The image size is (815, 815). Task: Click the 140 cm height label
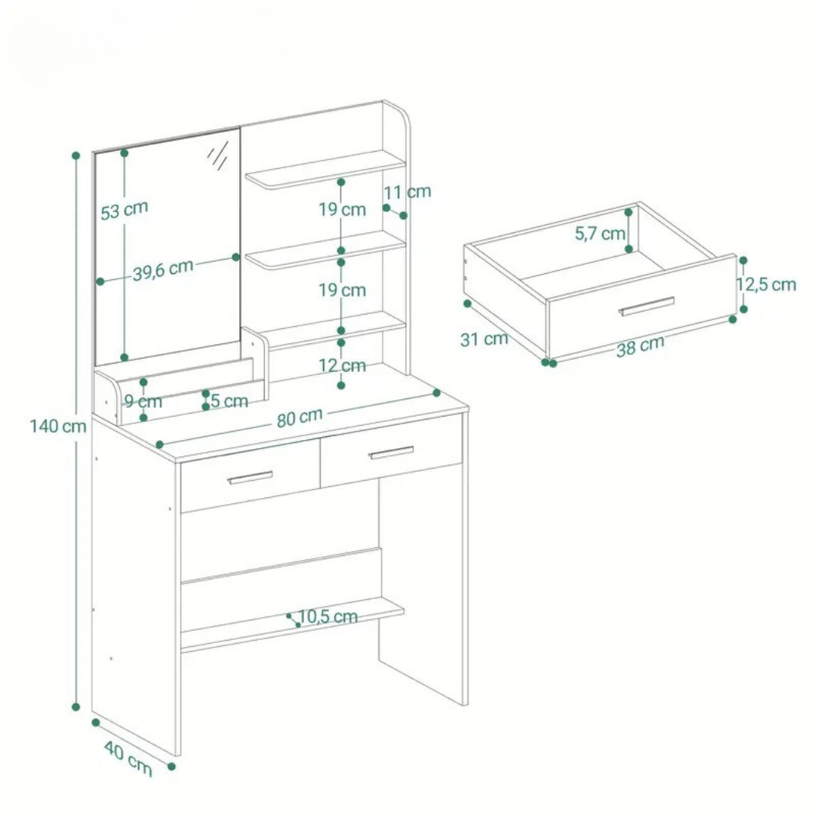(58, 426)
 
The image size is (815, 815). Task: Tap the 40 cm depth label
(128, 759)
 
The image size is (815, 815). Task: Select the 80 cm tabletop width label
(300, 417)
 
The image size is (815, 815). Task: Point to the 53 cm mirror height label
(125, 210)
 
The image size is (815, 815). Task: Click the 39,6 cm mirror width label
(163, 270)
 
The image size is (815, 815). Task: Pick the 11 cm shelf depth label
(407, 192)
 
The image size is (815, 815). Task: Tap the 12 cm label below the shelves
(342, 365)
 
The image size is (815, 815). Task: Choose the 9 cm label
(143, 401)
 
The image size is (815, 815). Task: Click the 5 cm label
(229, 401)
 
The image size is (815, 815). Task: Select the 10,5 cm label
(328, 617)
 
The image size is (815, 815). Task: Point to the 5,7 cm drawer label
(600, 233)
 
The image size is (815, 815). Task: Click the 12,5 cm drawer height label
(767, 284)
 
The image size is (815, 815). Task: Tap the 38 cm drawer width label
(641, 346)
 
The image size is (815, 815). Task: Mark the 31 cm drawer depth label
(484, 339)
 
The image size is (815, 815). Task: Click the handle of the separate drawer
(646, 306)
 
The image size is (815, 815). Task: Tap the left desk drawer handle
(250, 478)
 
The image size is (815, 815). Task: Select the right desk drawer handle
(391, 453)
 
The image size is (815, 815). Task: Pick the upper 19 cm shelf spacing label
(342, 210)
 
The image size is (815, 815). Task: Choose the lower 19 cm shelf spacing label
(342, 290)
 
